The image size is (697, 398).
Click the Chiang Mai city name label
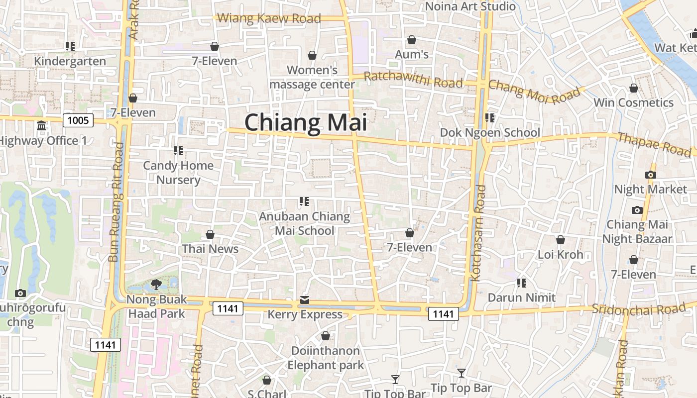[306, 122]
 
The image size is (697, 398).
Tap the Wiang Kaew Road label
[269, 18]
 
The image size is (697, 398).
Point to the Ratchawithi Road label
[413, 80]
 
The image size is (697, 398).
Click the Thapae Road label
[654, 144]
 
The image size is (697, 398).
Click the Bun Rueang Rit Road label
[116, 202]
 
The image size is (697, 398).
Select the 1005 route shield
[78, 120]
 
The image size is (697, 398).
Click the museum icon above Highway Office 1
[41, 125]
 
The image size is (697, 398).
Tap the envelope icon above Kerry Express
[305, 300]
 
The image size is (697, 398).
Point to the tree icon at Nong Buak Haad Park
[156, 285]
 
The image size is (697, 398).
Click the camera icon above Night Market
[650, 175]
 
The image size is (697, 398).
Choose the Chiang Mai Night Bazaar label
[637, 232]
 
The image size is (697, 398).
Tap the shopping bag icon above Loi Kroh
[560, 240]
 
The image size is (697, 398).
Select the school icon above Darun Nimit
[521, 283]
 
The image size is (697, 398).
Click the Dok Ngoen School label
[490, 133]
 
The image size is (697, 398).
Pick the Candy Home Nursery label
[178, 172]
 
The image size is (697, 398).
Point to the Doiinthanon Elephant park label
[326, 358]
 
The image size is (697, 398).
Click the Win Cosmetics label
[633, 103]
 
